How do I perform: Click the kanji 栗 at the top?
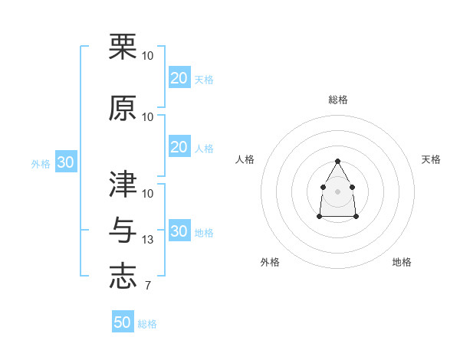pyautogui.click(x=123, y=46)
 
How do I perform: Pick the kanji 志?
pyautogui.click(x=123, y=277)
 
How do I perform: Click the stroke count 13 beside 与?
pyautogui.click(x=148, y=240)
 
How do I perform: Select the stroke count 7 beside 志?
pyautogui.click(x=147, y=286)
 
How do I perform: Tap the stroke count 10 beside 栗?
pyautogui.click(x=148, y=56)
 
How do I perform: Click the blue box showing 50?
pyautogui.click(x=123, y=322)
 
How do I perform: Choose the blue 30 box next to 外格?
pyautogui.click(x=65, y=162)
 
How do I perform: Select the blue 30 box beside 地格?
pyautogui.click(x=179, y=231)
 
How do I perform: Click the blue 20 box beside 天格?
pyautogui.click(x=179, y=78)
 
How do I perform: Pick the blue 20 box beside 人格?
pyautogui.click(x=179, y=147)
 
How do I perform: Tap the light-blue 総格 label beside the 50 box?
pyautogui.click(x=148, y=324)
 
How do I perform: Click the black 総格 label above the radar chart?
pyautogui.click(x=337, y=100)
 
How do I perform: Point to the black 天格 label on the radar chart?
pyautogui.click(x=431, y=159)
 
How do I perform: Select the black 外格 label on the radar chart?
pyautogui.click(x=270, y=262)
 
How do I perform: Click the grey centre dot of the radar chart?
pyautogui.click(x=337, y=190)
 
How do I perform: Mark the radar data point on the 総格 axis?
pyautogui.click(x=337, y=161)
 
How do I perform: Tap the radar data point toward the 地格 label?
pyautogui.click(x=356, y=217)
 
